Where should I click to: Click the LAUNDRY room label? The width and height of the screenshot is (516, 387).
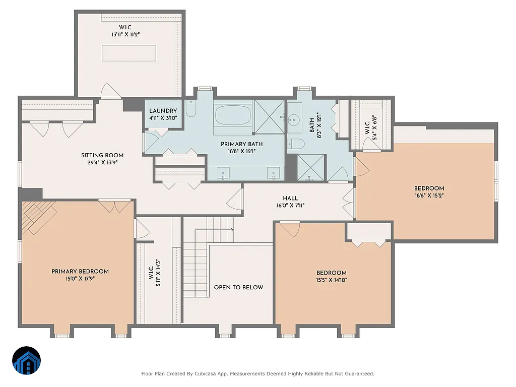(x=163, y=111)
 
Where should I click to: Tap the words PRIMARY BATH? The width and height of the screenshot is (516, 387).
(x=241, y=144)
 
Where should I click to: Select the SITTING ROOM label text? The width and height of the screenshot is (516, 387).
(x=102, y=155)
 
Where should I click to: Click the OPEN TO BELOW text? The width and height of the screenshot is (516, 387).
(x=238, y=287)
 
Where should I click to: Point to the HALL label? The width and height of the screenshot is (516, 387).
(x=290, y=199)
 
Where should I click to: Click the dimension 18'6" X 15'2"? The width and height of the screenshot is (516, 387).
(x=429, y=196)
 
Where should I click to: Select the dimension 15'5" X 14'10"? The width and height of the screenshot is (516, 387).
(x=331, y=280)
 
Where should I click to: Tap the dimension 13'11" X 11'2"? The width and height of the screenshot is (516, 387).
(x=125, y=35)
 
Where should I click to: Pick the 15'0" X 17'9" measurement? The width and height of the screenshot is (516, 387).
(x=80, y=278)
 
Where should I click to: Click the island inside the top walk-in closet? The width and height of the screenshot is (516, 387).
(x=129, y=52)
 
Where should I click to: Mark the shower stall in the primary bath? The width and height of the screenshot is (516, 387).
(x=269, y=117)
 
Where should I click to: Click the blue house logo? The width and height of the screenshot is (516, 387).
(x=27, y=361)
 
